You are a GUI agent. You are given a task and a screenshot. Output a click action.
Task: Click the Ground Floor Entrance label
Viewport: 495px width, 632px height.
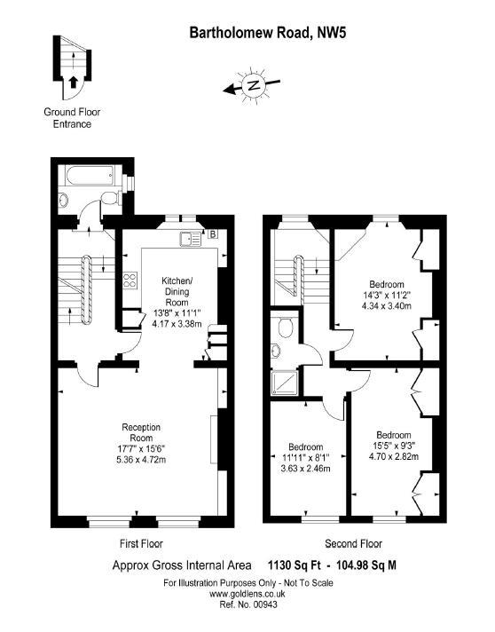click(x=67, y=118)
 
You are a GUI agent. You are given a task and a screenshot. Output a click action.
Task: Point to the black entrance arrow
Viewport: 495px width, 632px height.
click(x=73, y=83)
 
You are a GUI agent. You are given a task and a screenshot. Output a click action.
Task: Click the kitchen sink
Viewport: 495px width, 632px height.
click(x=190, y=237)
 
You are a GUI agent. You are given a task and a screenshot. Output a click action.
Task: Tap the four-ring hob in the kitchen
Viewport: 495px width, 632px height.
click(x=130, y=281)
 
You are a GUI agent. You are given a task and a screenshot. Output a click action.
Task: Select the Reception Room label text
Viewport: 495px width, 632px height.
click(x=142, y=433)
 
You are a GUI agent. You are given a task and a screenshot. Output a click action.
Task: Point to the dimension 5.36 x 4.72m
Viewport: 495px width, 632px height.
click(x=142, y=460)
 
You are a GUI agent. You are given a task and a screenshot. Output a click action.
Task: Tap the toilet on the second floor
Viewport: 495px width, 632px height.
click(x=284, y=329)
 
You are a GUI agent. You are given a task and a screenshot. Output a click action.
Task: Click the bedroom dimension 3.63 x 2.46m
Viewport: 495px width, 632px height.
click(x=305, y=468)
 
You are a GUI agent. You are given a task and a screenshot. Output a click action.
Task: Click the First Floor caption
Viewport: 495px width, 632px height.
click(x=141, y=543)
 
